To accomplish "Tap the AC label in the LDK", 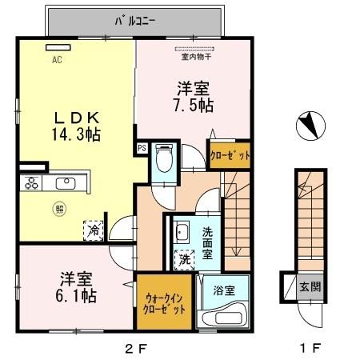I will pyautogui.click(x=57, y=59).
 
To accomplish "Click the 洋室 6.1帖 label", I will pyautogui.click(x=78, y=287).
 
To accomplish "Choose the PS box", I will pyautogui.click(x=142, y=147).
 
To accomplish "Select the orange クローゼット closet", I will pyautogui.click(x=230, y=154).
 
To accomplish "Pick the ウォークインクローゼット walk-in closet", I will pyautogui.click(x=164, y=303).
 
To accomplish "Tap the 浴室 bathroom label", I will pyautogui.click(x=225, y=291).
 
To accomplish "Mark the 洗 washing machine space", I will pyautogui.click(x=184, y=259).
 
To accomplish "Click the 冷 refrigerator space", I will pyautogui.click(x=94, y=228).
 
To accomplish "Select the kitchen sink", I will pyautogui.click(x=64, y=184).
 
